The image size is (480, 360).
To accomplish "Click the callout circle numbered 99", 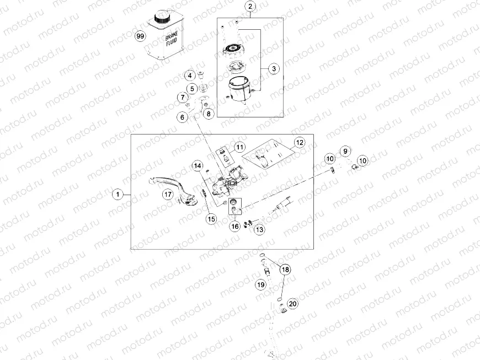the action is pyautogui.click(x=140, y=36).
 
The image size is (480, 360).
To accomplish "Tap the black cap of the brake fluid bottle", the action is pyautogui.click(x=161, y=16).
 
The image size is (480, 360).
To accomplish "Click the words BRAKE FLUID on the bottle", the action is pyautogui.click(x=172, y=39).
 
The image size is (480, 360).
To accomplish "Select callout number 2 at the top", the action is pyautogui.click(x=250, y=6).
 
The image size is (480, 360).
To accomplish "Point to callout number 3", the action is pyautogui.click(x=274, y=68).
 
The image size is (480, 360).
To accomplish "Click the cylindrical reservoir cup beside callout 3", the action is pyautogui.click(x=239, y=89).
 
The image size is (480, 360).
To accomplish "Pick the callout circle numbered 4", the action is pyautogui.click(x=190, y=76).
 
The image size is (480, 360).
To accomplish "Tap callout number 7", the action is pyautogui.click(x=183, y=98).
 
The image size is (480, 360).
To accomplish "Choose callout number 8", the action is pyautogui.click(x=209, y=114).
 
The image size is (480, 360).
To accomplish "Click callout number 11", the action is pyautogui.click(x=239, y=147).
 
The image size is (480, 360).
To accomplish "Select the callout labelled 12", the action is pyautogui.click(x=300, y=142).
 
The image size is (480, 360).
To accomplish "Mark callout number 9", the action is pyautogui.click(x=345, y=151).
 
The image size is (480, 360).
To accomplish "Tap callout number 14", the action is pyautogui.click(x=198, y=166).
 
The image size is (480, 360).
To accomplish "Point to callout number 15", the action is pyautogui.click(x=211, y=219).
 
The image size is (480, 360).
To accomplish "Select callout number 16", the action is pyautogui.click(x=235, y=227).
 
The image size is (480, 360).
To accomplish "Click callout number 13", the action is pyautogui.click(x=259, y=229).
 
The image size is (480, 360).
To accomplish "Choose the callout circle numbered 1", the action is pyautogui.click(x=118, y=194).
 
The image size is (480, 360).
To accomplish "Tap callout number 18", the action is pyautogui.click(x=285, y=270).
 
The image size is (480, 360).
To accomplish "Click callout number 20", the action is pyautogui.click(x=292, y=304).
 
